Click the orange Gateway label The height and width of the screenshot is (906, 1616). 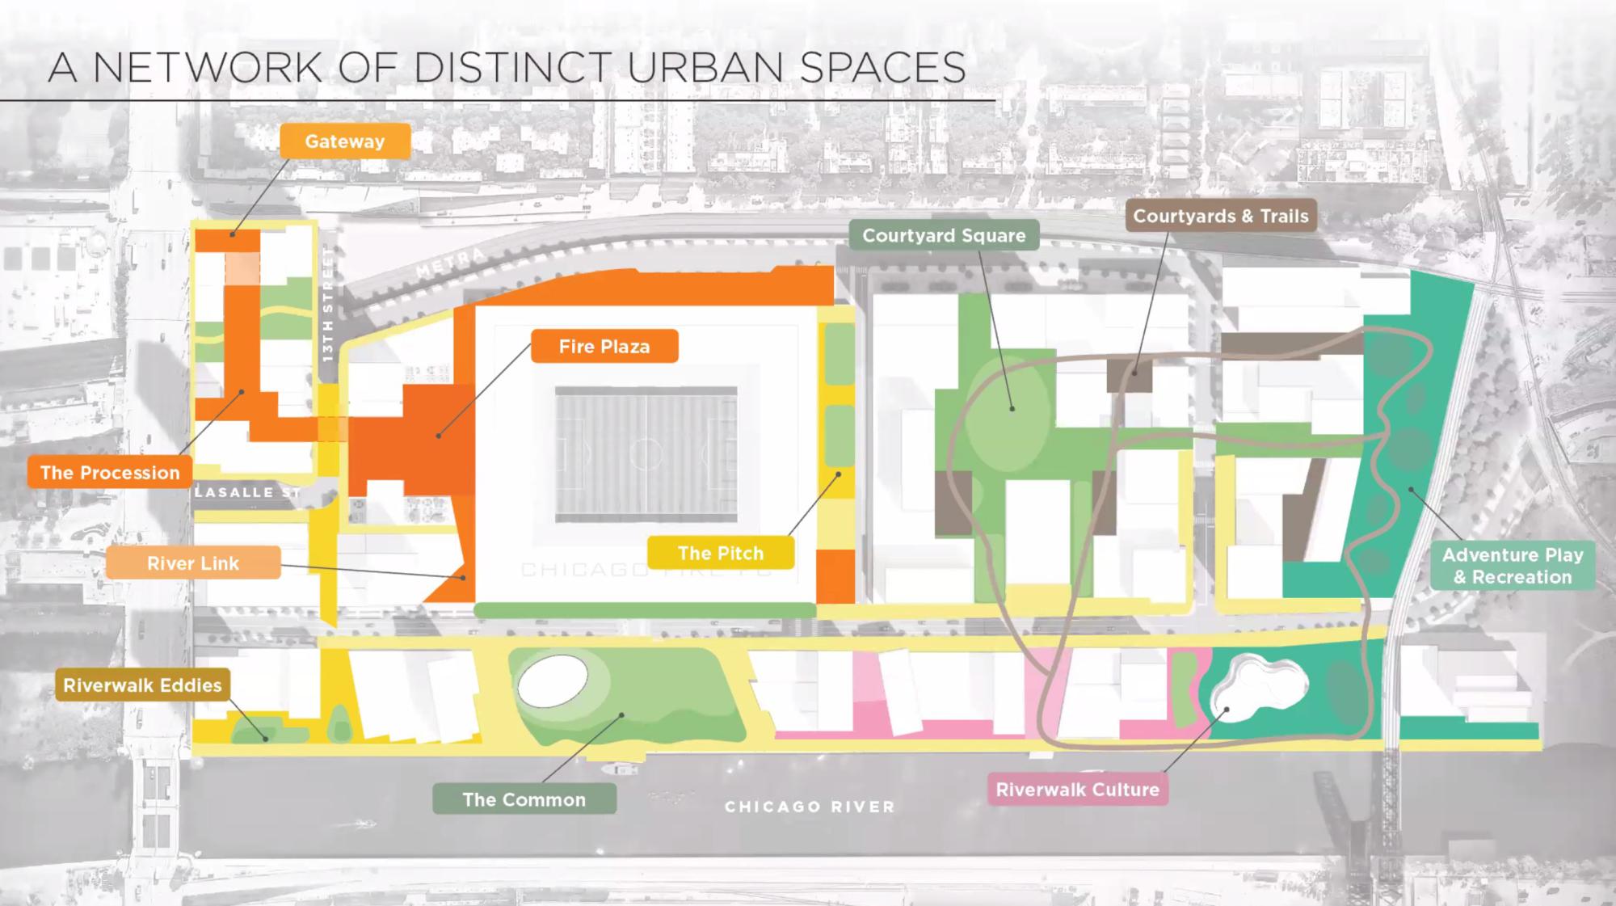pyautogui.click(x=345, y=141)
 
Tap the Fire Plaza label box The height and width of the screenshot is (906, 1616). pyautogui.click(x=604, y=347)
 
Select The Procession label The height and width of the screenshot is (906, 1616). pyautogui.click(x=110, y=473)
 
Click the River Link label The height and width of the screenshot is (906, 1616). pyautogui.click(x=193, y=563)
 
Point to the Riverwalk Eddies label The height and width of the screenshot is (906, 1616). pyautogui.click(x=142, y=685)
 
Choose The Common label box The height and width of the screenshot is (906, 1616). pyautogui.click(x=524, y=799)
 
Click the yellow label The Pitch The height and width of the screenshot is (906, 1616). pyautogui.click(x=720, y=554)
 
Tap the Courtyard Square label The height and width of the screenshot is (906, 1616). pyautogui.click(x=944, y=235)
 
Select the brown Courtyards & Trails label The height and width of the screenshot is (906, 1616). pyautogui.click(x=1220, y=216)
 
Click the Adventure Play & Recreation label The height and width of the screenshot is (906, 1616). pyautogui.click(x=1512, y=566)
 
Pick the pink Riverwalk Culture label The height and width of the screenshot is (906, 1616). pyautogui.click(x=1077, y=790)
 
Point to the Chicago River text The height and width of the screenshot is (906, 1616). pyautogui.click(x=810, y=807)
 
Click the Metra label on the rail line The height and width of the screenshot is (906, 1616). pyautogui.click(x=451, y=263)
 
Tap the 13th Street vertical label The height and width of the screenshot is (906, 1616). pyautogui.click(x=327, y=304)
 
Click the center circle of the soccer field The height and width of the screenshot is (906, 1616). pyautogui.click(x=646, y=454)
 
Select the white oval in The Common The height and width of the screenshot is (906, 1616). pyautogui.click(x=553, y=681)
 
